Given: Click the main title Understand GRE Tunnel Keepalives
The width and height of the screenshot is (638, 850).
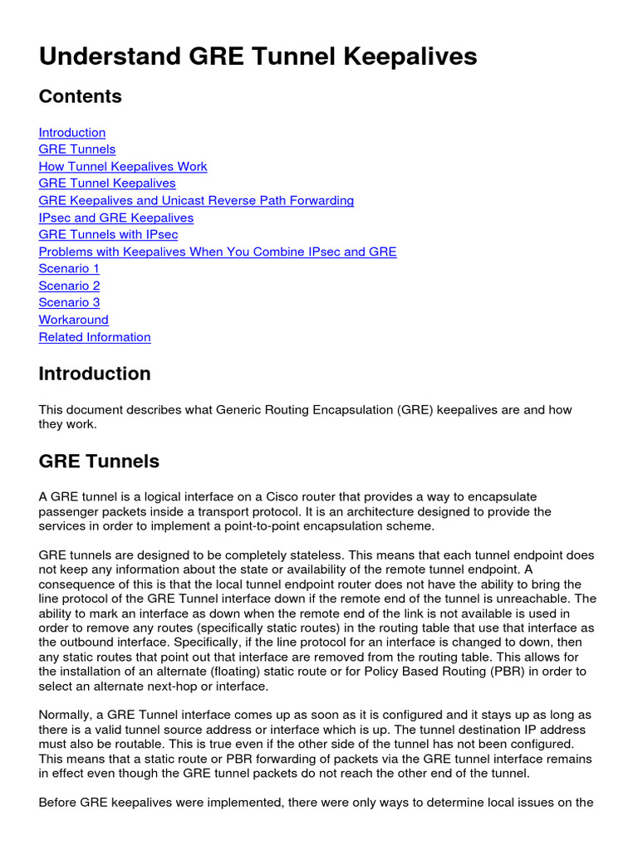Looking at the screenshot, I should coord(258,56).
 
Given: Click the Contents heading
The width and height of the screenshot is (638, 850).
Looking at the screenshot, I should coord(80,96).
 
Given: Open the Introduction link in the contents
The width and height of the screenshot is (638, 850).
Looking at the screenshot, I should coord(72,133).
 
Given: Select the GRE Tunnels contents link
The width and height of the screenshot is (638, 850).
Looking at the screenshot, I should coord(77,149).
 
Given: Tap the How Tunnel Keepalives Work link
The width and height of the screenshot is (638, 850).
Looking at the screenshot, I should coord(123,167).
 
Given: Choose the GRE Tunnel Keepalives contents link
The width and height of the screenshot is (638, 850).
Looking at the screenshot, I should coord(107,183).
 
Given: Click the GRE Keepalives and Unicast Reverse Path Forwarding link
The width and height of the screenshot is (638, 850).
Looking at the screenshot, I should coord(196,201).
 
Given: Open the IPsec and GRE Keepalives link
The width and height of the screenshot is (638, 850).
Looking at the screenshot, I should coord(116,218).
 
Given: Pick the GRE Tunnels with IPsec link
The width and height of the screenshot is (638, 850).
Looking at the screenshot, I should coord(108,235).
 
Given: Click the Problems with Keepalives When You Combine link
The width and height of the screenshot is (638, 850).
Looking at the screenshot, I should coord(218,252).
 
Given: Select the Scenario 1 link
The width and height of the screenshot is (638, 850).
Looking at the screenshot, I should coord(69,269).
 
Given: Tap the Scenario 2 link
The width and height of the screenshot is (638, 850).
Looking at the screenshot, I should coord(69,286).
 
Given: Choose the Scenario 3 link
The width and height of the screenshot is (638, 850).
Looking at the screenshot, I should coord(69,303).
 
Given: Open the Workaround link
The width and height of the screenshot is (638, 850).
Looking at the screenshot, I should coord(73,320).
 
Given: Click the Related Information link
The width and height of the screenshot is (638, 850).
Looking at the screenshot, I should coord(95,338).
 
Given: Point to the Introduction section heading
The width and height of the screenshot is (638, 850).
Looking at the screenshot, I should coord(95,374).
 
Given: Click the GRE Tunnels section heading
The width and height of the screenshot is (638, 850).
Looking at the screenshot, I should coord(99,461).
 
